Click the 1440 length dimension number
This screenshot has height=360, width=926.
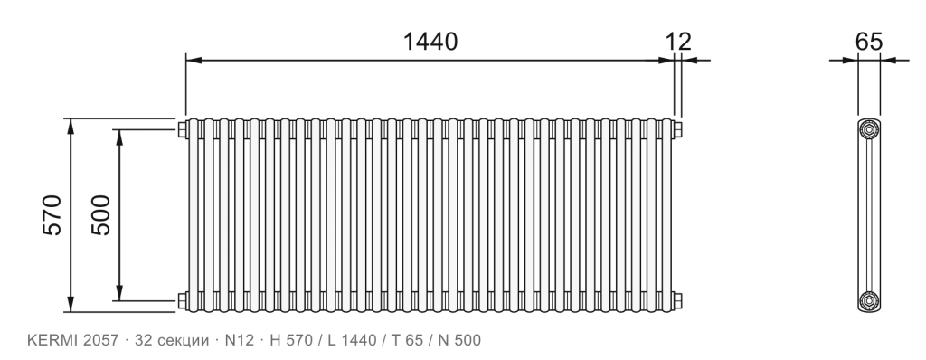pos(430,42)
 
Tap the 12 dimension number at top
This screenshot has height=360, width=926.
pos(678,42)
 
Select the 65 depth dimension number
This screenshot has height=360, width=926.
pos(869,42)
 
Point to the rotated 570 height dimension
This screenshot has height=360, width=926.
pos(52,214)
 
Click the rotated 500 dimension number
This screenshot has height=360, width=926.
pos(101,214)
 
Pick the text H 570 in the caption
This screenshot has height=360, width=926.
pos(290,340)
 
